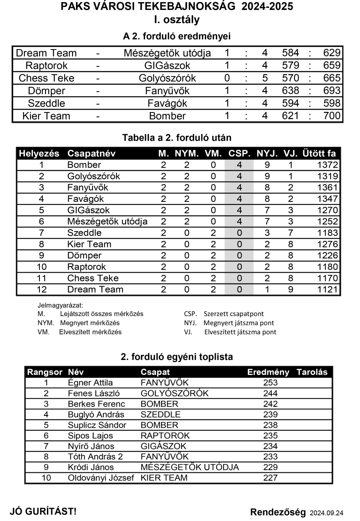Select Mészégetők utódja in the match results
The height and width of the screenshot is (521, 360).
click(167, 53)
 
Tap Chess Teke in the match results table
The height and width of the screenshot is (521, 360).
click(46, 79)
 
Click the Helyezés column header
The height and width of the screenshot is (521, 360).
click(39, 154)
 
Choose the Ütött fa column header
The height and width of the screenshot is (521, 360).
click(319, 154)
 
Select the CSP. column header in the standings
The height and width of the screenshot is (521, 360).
click(239, 154)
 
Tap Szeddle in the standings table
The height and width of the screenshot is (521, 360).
click(84, 233)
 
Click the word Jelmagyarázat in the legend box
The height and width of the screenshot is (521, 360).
click(60, 305)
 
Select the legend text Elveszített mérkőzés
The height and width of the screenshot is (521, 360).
click(90, 332)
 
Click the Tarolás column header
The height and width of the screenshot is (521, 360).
click(312, 373)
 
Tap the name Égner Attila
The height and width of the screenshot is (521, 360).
click(90, 383)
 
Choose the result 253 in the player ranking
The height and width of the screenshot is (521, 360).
click(270, 383)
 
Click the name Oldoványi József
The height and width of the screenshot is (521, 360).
click(101, 478)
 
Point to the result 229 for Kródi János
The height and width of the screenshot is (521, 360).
click(270, 468)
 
